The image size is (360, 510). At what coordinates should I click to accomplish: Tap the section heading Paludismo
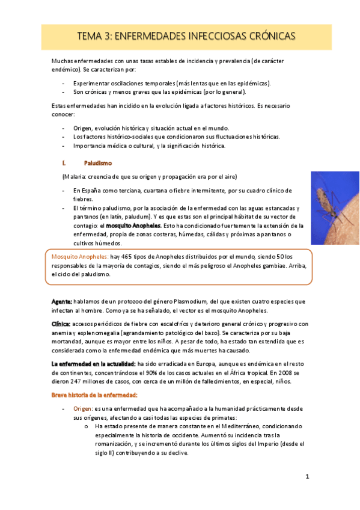(x=97, y=163)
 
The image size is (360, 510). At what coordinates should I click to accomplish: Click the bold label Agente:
(x=61, y=301)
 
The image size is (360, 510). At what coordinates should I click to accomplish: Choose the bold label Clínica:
(x=62, y=324)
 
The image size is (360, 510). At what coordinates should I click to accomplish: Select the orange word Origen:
(x=83, y=408)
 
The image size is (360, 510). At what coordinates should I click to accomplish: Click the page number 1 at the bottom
(x=307, y=477)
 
